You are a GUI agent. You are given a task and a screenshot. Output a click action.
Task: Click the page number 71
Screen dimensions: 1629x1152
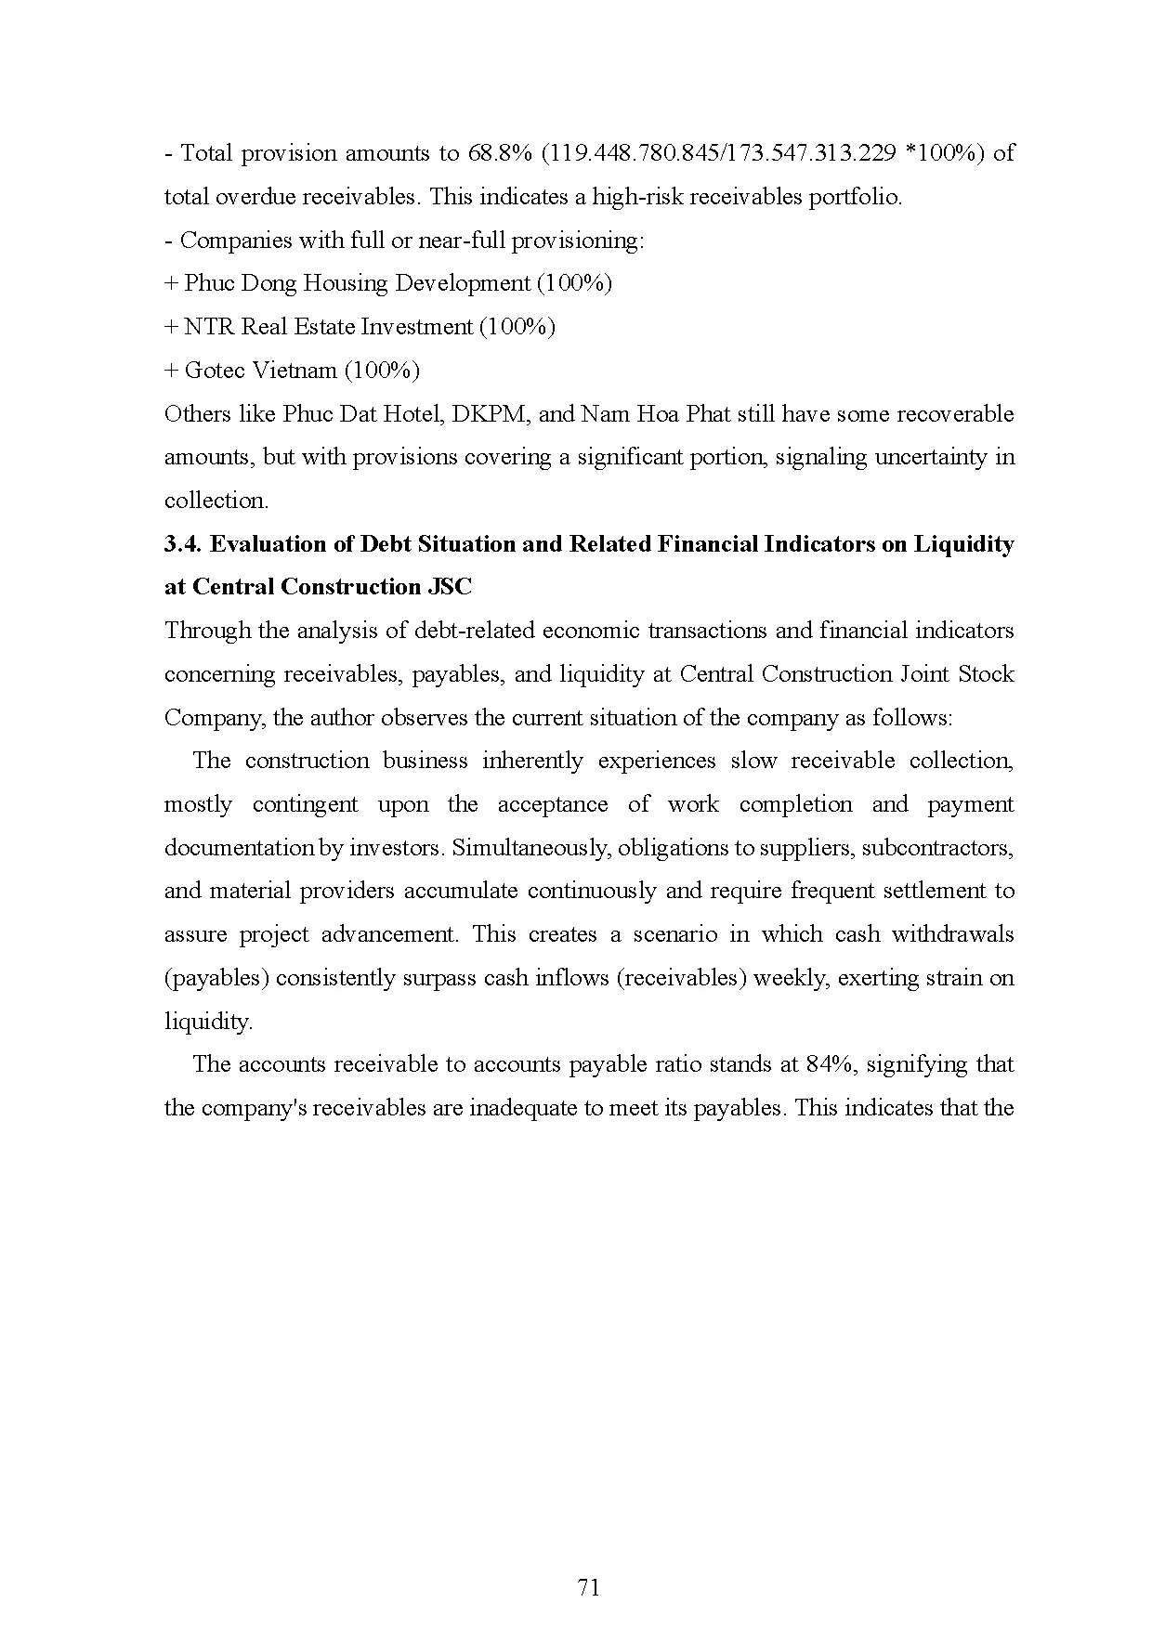click(588, 1587)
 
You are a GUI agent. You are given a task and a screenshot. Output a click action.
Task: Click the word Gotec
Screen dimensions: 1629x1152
click(214, 371)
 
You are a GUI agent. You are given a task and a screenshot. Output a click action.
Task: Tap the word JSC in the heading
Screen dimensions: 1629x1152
click(451, 587)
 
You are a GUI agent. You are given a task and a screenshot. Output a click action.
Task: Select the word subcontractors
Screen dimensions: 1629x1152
click(949, 848)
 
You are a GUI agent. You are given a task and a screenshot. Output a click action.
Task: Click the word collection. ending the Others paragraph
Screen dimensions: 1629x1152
click(216, 501)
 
